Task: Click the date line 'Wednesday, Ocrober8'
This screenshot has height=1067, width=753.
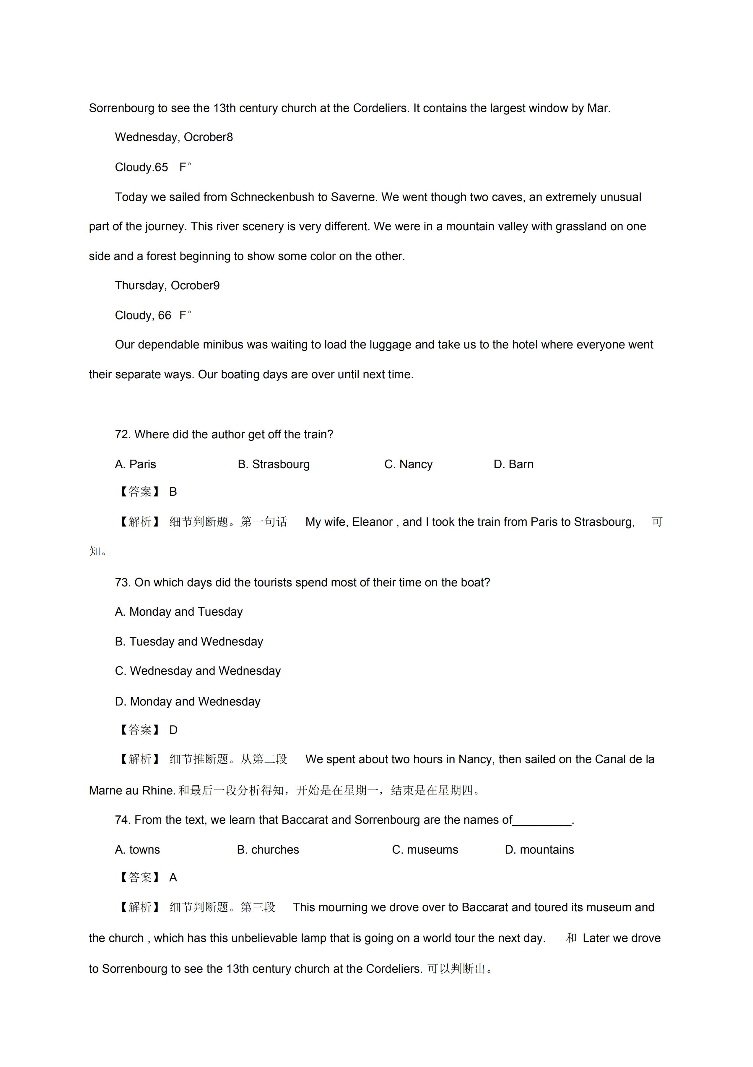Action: pyautogui.click(x=174, y=137)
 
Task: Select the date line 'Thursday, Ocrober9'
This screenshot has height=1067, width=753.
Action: pyautogui.click(x=167, y=285)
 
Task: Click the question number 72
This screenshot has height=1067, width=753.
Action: pyautogui.click(x=123, y=434)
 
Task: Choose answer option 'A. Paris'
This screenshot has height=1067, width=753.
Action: pyautogui.click(x=136, y=464)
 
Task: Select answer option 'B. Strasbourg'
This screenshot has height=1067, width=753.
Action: pyautogui.click(x=274, y=464)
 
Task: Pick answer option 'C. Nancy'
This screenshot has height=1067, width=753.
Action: pyautogui.click(x=408, y=464)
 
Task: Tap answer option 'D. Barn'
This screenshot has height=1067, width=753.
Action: pyautogui.click(x=513, y=464)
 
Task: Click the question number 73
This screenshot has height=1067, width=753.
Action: pyautogui.click(x=123, y=583)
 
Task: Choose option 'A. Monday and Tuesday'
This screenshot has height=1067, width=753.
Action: pyautogui.click(x=179, y=612)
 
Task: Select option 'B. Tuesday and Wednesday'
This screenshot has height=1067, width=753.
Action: pyautogui.click(x=189, y=642)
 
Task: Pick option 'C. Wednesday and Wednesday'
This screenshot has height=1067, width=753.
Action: pyautogui.click(x=198, y=671)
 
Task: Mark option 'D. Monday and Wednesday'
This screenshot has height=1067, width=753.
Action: pyautogui.click(x=188, y=702)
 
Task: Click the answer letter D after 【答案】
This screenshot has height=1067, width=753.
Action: pyautogui.click(x=173, y=730)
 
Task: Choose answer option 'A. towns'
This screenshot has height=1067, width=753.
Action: pyautogui.click(x=137, y=850)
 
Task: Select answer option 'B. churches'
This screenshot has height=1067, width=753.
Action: pyautogui.click(x=268, y=850)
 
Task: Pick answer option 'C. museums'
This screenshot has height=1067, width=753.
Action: pyautogui.click(x=425, y=850)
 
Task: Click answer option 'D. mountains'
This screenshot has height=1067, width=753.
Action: pyautogui.click(x=539, y=850)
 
